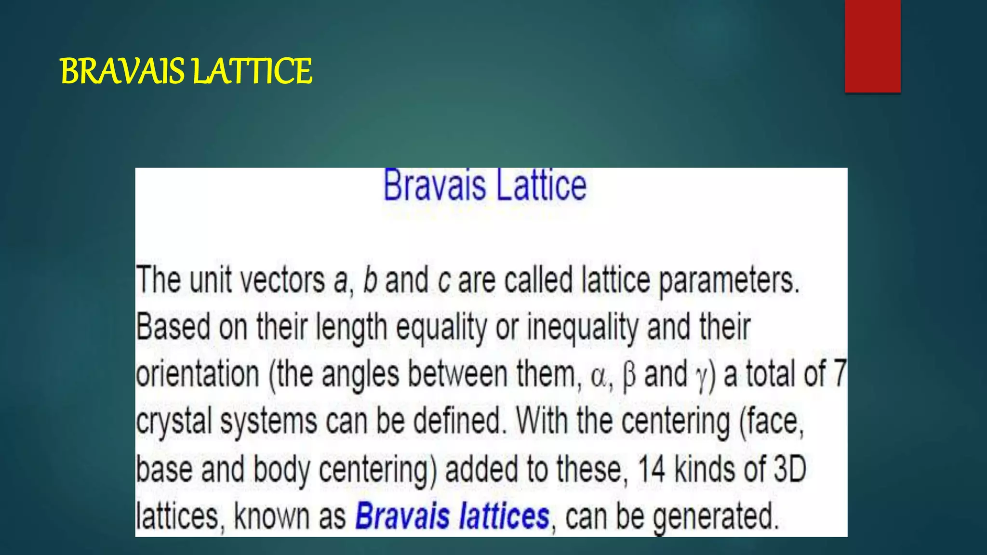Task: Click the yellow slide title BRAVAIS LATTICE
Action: click(186, 71)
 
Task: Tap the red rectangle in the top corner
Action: click(872, 46)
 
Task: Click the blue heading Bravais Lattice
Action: click(485, 185)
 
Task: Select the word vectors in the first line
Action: click(282, 280)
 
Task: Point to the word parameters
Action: click(729, 280)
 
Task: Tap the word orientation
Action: click(198, 374)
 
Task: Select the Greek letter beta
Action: click(628, 376)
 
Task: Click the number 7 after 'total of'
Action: click(840, 373)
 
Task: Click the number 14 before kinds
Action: click(651, 469)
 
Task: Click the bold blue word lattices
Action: click(504, 516)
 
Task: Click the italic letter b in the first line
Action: click(370, 280)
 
